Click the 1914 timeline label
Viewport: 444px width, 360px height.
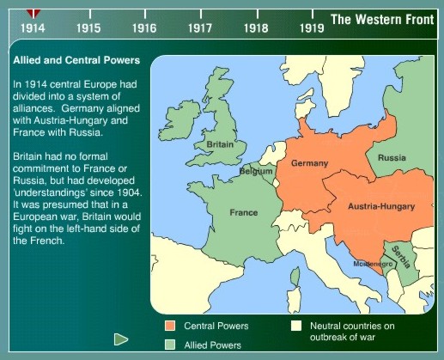[33, 28]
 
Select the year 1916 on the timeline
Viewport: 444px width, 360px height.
[144, 28]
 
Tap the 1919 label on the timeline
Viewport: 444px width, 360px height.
[312, 28]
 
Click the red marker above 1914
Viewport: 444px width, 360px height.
[33, 13]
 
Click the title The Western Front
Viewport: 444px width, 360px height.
[382, 20]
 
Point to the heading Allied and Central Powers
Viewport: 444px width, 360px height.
[76, 60]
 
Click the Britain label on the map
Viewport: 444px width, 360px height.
[220, 144]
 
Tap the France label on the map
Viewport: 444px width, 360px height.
[244, 212]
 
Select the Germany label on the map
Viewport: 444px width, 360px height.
[309, 163]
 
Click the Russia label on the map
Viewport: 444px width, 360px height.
[392, 157]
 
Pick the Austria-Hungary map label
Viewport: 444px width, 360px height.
[381, 206]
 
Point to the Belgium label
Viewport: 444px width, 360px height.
[256, 171]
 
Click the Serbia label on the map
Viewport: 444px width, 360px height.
[401, 257]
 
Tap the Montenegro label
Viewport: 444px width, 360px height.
[373, 264]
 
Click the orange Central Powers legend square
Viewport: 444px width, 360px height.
[170, 326]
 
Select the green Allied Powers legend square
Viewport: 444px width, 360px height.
[170, 345]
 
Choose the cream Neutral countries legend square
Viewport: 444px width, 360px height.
[296, 326]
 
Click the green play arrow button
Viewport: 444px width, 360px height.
[120, 339]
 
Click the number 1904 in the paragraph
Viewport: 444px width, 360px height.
[130, 192]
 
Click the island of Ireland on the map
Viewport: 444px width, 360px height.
[179, 119]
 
